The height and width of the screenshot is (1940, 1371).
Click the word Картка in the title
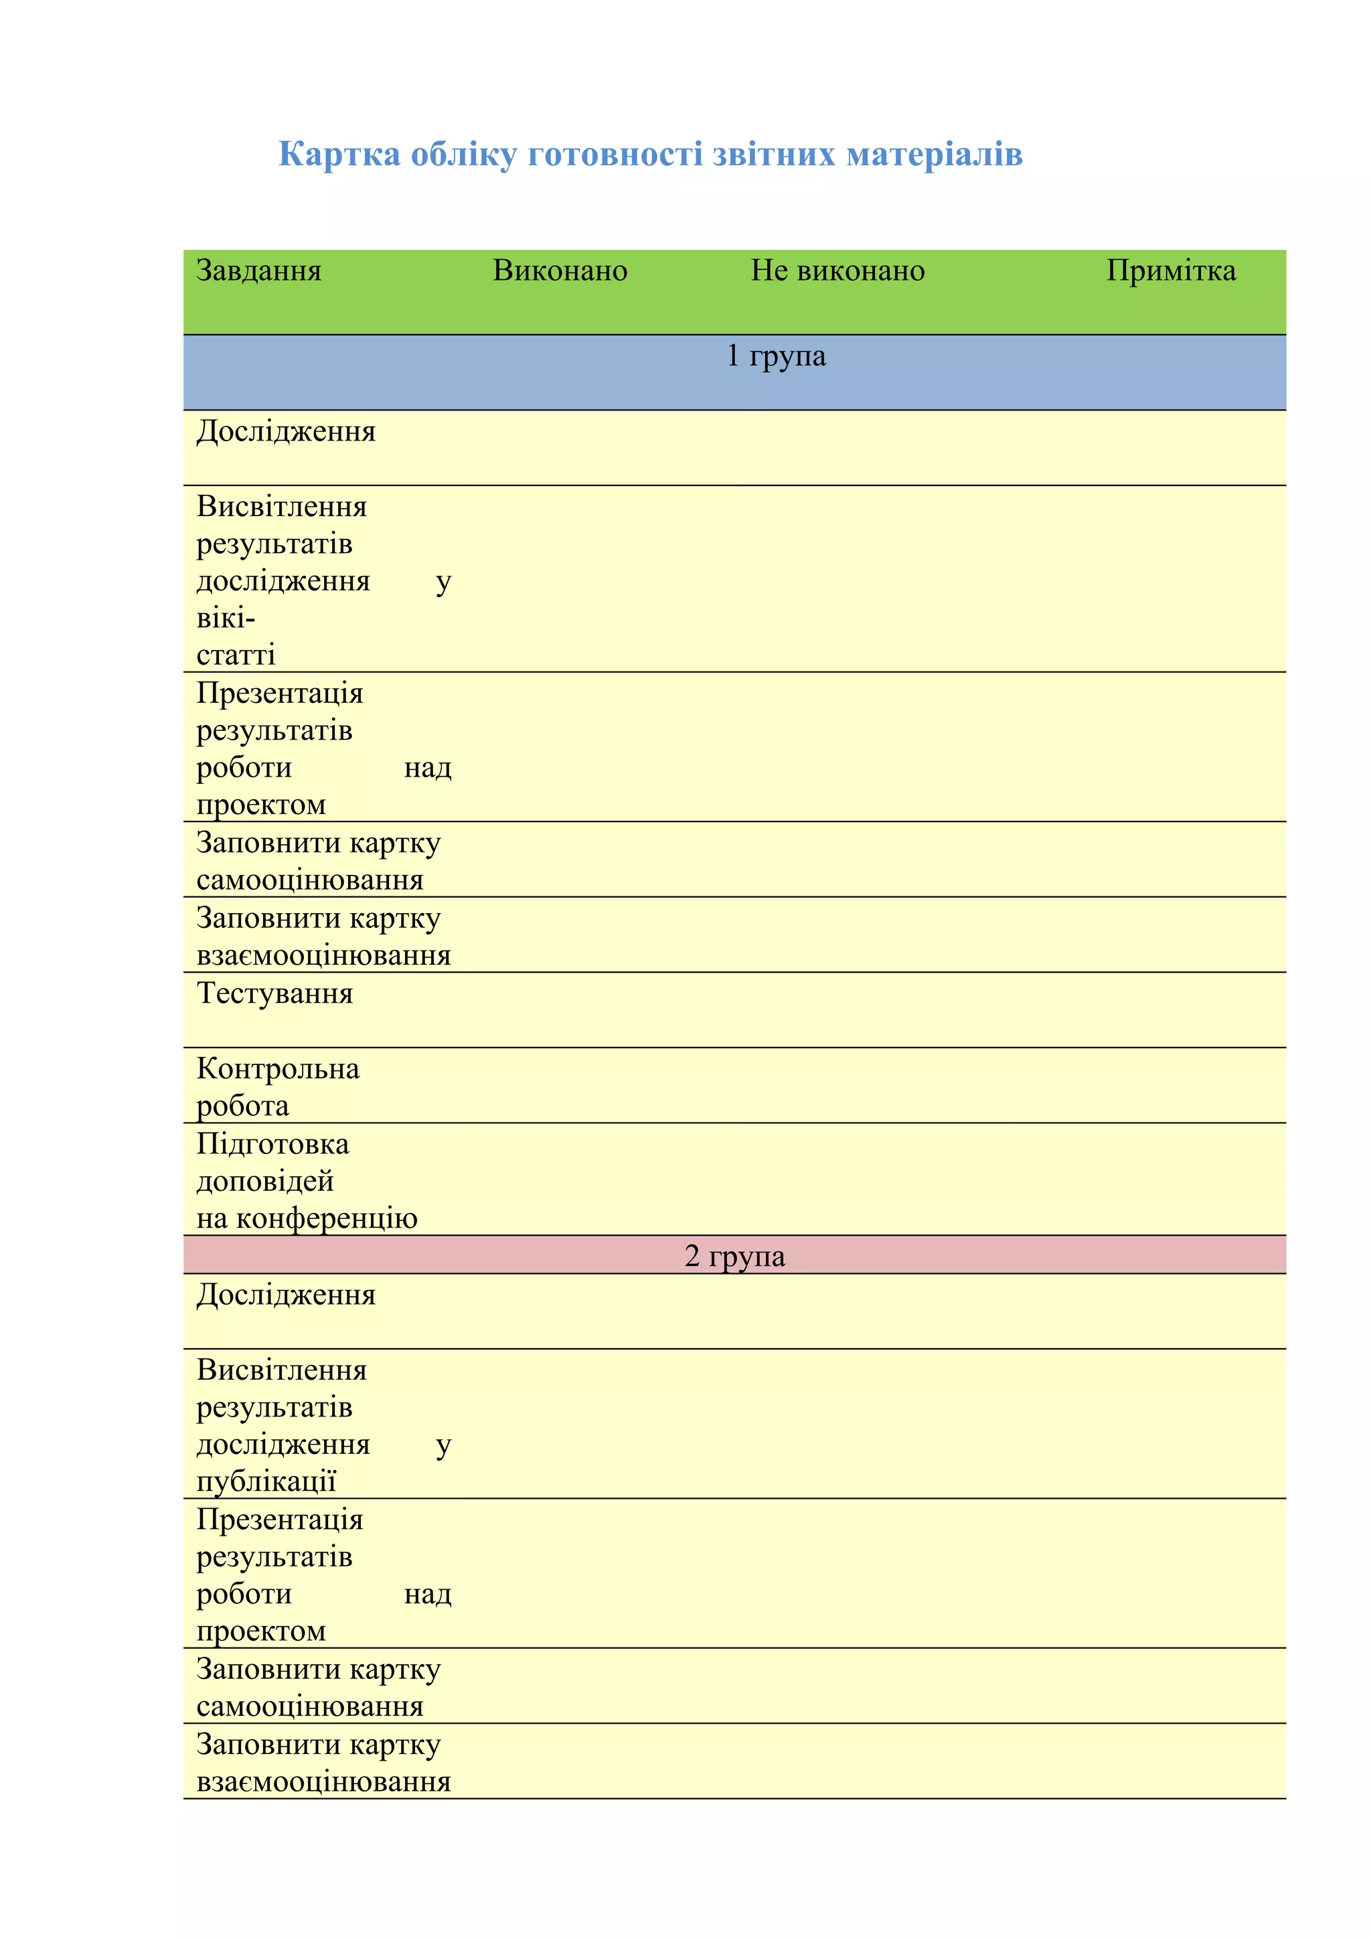tap(339, 155)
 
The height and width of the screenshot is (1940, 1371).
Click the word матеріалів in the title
tap(935, 155)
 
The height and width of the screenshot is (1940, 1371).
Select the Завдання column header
tap(258, 270)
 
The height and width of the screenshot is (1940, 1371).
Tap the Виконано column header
tap(560, 270)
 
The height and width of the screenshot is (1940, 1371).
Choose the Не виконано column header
tap(837, 270)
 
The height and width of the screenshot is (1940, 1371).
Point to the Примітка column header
tap(1171, 270)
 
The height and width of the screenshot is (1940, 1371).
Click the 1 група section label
tap(775, 355)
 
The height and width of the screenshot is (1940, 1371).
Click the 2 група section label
tap(734, 1256)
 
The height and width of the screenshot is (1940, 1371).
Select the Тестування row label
tap(274, 993)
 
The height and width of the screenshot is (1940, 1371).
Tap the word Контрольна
tap(278, 1069)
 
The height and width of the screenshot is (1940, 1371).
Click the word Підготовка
tap(273, 1144)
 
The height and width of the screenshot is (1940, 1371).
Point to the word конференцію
tap(327, 1218)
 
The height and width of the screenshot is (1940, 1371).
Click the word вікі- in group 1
tap(226, 619)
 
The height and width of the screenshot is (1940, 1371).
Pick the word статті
tap(236, 655)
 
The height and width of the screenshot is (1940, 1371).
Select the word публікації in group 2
tap(266, 1481)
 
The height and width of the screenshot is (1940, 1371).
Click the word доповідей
tap(265, 1182)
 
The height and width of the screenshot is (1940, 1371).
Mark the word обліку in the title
tap(463, 155)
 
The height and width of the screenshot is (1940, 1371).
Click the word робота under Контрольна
tap(242, 1106)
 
